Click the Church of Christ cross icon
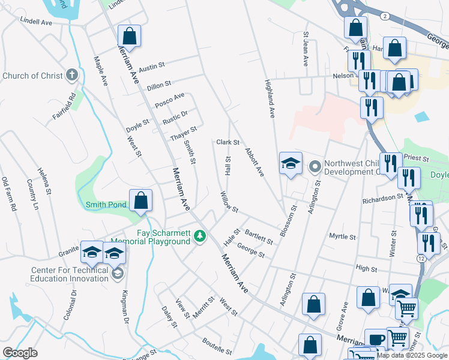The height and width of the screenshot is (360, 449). click(x=71, y=75)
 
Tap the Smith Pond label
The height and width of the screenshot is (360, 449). click(x=106, y=205)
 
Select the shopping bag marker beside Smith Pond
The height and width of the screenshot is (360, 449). click(x=140, y=201)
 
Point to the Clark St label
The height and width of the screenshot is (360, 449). click(x=228, y=143)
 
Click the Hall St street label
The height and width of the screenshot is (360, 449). click(x=228, y=165)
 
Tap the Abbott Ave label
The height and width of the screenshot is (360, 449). click(x=254, y=162)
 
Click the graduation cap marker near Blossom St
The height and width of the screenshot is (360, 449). click(x=290, y=163)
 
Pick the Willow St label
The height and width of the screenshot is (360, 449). click(x=229, y=202)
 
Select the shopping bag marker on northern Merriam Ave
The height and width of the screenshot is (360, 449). click(x=129, y=36)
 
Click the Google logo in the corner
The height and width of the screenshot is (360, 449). click(x=20, y=353)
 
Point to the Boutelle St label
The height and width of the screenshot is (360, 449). click(x=217, y=346)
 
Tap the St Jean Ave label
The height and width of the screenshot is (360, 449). click(x=306, y=49)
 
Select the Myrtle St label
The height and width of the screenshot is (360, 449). click(x=342, y=236)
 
